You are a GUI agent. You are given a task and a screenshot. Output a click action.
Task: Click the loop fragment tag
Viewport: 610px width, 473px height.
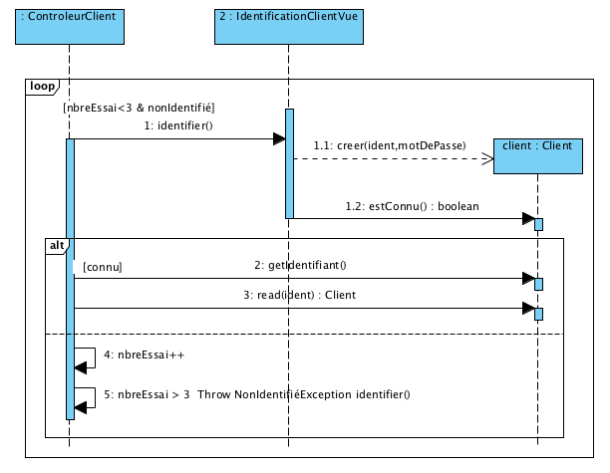43,87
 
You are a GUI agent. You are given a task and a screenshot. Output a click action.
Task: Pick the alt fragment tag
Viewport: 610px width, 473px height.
58,244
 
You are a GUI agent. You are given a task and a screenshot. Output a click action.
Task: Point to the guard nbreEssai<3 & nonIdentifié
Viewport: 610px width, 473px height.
139,107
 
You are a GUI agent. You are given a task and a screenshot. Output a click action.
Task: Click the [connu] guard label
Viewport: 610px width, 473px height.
103,268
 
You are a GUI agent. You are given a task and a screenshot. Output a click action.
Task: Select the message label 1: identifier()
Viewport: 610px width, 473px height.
179,125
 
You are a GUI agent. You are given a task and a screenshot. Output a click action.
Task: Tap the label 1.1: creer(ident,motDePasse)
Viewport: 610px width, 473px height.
390,145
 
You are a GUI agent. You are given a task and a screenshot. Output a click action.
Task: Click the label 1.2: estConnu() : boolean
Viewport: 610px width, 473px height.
412,206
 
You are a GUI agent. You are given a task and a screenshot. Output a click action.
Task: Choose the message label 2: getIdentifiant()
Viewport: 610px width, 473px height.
306,265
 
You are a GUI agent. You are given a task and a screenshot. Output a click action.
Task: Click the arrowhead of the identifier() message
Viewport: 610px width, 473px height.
279,138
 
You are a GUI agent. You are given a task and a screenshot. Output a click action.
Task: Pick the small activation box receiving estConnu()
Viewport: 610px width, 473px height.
538,223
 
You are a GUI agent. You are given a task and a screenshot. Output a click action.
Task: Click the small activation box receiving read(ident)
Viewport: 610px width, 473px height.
538,314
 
